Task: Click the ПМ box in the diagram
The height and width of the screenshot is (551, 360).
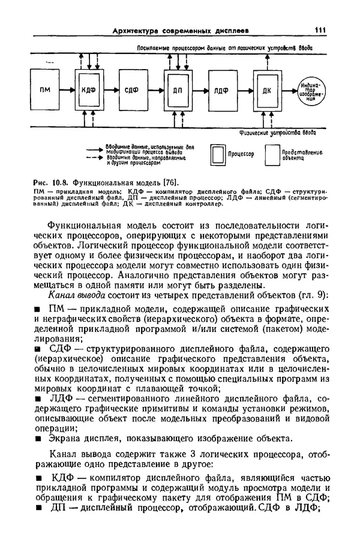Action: tap(45, 89)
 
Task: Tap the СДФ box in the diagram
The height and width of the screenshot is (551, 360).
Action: tap(131, 89)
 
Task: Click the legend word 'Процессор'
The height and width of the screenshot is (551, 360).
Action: tap(241, 155)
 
